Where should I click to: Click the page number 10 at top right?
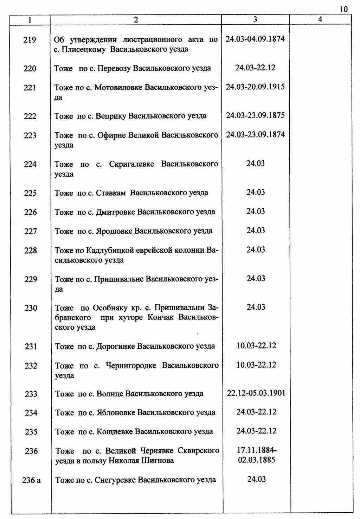(344, 9)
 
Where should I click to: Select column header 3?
(255, 20)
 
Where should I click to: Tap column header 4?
(320, 20)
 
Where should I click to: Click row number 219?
(30, 40)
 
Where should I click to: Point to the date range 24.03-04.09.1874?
(255, 39)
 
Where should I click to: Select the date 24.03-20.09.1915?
(255, 87)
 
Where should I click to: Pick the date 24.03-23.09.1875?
(255, 115)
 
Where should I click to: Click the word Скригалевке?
(131, 164)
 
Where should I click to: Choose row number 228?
(30, 251)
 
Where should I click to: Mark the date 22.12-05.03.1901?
(256, 393)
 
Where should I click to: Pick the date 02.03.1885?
(256, 460)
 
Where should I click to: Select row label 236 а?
(31, 480)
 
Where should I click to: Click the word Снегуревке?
(115, 480)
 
